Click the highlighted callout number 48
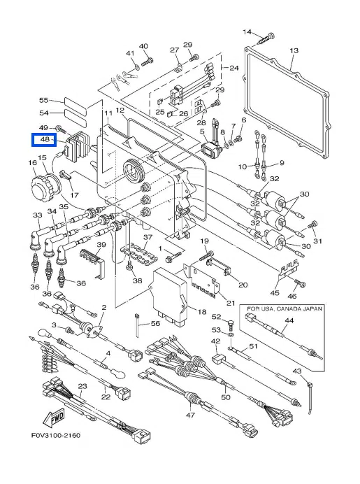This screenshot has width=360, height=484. coord(45,139)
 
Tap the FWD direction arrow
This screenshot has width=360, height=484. coord(54,418)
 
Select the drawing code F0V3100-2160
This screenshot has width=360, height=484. coord(55,436)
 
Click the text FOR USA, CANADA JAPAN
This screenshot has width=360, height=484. coord(285,308)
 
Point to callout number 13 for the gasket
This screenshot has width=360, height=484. coord(294,50)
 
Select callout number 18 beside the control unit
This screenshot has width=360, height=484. coord(201,312)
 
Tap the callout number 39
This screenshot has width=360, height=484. coord(101,245)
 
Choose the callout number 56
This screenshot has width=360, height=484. coord(155,323)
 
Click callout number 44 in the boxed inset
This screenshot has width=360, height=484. coord(289,321)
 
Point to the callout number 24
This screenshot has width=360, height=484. coord(234,67)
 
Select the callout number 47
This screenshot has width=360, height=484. coord(190,415)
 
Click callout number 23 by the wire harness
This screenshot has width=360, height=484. coord(82,386)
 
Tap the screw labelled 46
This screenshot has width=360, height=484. coord(300,283)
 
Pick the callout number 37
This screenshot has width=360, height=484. coord(148,237)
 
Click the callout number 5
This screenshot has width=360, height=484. coord(202,131)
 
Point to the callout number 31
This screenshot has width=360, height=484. coord(317,241)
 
